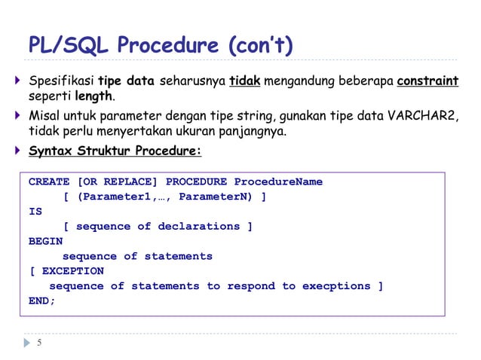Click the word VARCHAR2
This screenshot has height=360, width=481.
(421, 116)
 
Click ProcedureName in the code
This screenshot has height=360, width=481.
(278, 182)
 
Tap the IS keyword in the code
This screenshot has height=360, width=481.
(35, 212)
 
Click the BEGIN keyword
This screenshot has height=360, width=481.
(46, 241)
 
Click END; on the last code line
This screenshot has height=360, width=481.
(42, 301)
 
